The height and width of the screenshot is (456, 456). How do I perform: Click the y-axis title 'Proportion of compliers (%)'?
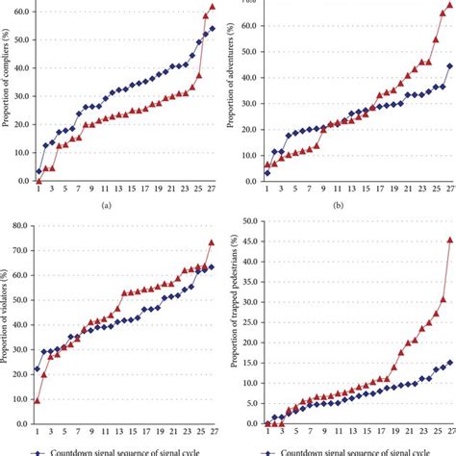8,92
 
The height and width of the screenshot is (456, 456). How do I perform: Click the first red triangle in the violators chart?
38,399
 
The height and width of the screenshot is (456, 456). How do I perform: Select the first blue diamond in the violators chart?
38,368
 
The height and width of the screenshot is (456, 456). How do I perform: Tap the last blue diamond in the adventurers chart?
449,66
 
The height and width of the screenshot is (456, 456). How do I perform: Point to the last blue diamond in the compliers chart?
212,28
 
